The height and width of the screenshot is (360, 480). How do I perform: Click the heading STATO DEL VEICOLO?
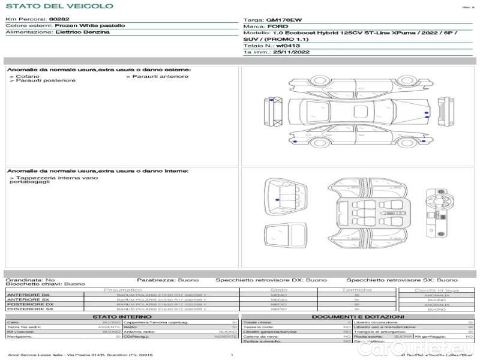59,6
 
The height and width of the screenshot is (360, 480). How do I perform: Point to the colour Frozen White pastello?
90,26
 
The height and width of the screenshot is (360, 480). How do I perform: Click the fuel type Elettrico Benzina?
82,32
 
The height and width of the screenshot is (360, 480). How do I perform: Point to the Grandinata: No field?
30,280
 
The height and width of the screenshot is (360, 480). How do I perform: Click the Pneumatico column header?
122,290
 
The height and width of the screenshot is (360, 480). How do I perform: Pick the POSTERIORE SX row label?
29,309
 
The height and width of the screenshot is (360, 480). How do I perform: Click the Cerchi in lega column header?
436,290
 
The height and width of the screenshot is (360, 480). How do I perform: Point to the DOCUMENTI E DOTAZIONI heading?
358,316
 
